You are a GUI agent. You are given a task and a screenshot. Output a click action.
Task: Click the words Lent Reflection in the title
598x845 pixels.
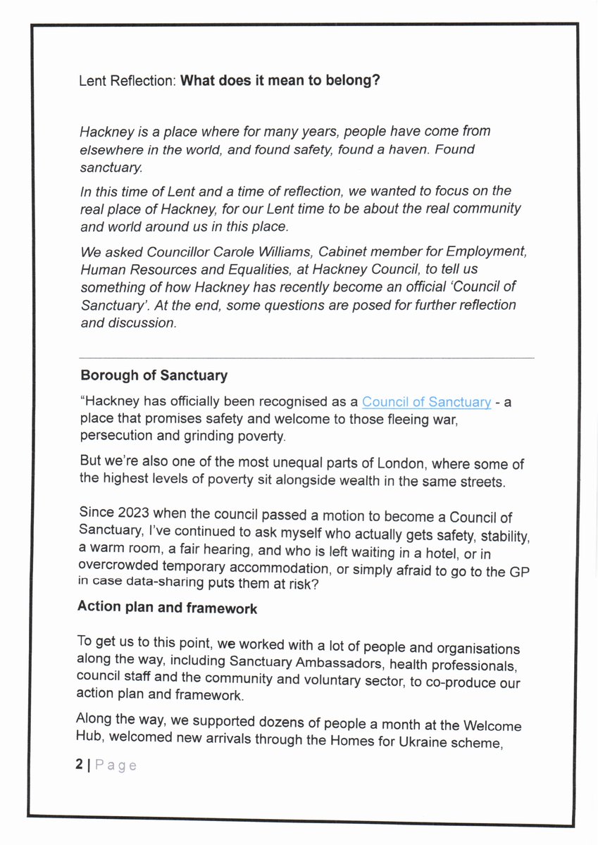tap(127, 80)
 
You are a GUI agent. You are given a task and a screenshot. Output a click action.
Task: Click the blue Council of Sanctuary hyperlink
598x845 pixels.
tap(426, 402)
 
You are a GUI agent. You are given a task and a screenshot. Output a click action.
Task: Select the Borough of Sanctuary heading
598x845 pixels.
tap(154, 375)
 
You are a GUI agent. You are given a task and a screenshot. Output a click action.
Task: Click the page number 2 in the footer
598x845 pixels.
tap(79, 765)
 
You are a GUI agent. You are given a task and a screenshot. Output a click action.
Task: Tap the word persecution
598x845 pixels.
tap(113, 436)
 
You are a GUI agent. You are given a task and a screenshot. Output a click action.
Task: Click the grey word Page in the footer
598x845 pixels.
tap(116, 765)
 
